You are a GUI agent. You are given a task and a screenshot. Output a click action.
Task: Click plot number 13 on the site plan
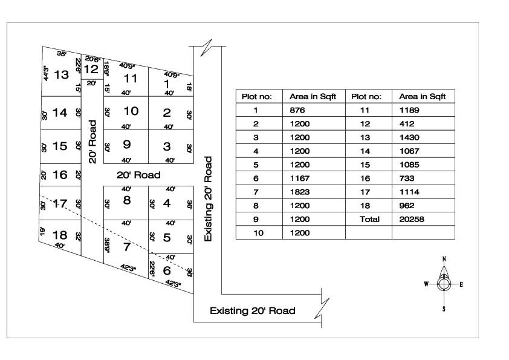pyautogui.click(x=61, y=74)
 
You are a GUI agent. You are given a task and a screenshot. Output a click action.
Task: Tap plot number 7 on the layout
pyautogui.click(x=126, y=246)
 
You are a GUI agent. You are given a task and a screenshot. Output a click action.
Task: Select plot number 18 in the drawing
pyautogui.click(x=60, y=235)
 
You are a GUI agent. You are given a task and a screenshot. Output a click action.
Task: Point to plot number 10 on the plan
pyautogui.click(x=131, y=111)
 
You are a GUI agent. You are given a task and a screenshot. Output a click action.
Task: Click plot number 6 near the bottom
pyautogui.click(x=167, y=270)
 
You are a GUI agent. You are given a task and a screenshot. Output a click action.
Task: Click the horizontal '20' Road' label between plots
pyautogui.click(x=139, y=175)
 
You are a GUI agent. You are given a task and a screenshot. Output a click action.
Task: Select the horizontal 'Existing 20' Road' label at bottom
pyautogui.click(x=252, y=311)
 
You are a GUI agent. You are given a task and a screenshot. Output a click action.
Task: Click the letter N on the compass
pyautogui.click(x=444, y=259)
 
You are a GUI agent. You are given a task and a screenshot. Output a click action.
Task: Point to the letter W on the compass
pyautogui.click(x=426, y=284)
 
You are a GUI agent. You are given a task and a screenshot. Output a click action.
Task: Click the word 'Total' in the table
pyautogui.click(x=370, y=219)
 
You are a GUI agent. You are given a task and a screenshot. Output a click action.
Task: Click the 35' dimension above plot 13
pyautogui.click(x=62, y=54)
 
